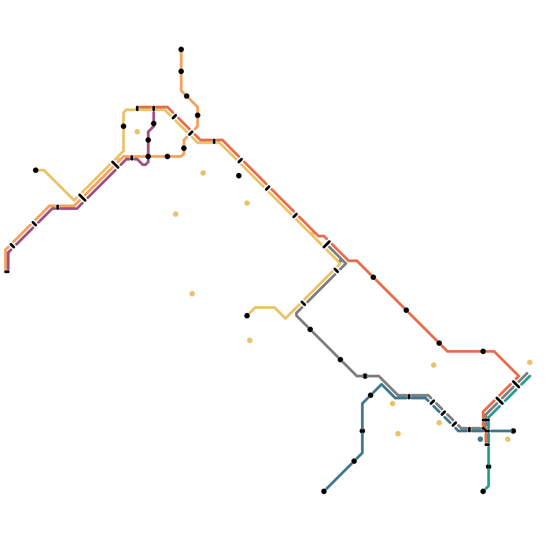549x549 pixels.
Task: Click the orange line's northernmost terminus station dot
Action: [x=181, y=49]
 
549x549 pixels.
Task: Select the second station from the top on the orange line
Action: [x=181, y=71]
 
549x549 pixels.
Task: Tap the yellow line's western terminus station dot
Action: [x=36, y=170]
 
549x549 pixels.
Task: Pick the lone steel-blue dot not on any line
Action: [x=480, y=439]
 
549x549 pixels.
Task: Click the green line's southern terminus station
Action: [x=483, y=491]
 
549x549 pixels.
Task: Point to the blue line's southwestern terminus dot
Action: [x=324, y=491]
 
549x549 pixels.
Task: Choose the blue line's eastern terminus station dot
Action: [x=513, y=431]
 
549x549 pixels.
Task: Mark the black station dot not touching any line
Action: [x=239, y=176]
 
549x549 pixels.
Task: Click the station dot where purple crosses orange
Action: [x=148, y=156]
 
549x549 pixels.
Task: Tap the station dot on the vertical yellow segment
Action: [x=124, y=126]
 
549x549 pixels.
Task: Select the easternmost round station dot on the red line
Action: [x=483, y=351]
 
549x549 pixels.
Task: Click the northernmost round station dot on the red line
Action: [x=373, y=277]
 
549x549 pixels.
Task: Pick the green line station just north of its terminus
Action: [x=489, y=467]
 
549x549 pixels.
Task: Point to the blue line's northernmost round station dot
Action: [x=371, y=395]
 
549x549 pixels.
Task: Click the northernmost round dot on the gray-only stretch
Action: [x=310, y=329]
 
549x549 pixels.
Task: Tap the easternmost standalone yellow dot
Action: [x=530, y=362]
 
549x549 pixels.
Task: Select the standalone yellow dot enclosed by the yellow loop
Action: [x=137, y=132]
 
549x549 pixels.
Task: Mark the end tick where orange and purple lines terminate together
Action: [x=7, y=272]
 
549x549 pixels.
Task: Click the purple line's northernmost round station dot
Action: [x=154, y=124]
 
